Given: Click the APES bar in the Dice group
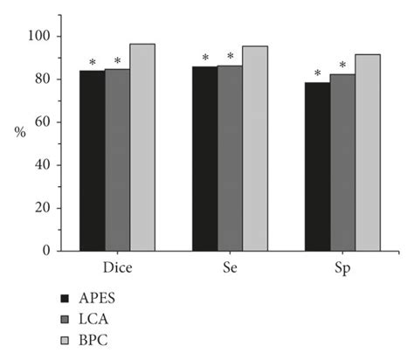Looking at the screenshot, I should coord(92,161).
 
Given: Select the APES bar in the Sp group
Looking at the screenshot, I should coord(317,166).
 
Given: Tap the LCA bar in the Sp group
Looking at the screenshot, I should coord(342,163).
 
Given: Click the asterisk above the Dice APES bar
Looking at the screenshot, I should coord(92,63).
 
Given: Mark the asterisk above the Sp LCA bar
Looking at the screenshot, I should coord(342,66).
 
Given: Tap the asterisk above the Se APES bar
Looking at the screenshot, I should coord(205,59).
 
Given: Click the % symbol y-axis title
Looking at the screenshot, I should coord(19,132).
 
